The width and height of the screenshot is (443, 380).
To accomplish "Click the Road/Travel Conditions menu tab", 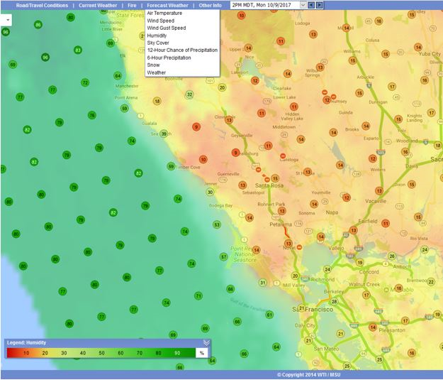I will coord(42,5).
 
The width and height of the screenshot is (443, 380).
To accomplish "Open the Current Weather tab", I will coord(98,5).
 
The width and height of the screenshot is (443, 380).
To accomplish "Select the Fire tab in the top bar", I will coord(132,5).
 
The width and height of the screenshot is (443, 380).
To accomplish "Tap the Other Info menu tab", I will coord(210,5).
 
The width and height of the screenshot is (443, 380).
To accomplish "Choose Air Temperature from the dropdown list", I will coord(164,13).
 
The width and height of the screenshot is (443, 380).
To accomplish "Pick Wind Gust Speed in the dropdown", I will coord(166,28).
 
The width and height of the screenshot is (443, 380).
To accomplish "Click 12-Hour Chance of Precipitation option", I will coord(182,50).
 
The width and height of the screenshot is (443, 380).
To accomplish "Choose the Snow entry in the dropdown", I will coord(153,65).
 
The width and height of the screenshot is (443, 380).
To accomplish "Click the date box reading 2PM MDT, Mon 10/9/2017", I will coord(265,5).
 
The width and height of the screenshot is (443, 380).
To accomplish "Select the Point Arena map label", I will coord(126,97).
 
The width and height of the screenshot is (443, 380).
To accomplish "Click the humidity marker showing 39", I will coord(164,134).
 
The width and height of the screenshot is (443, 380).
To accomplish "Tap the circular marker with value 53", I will coord(217,224).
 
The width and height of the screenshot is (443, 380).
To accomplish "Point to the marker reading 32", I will coord(189,94).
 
